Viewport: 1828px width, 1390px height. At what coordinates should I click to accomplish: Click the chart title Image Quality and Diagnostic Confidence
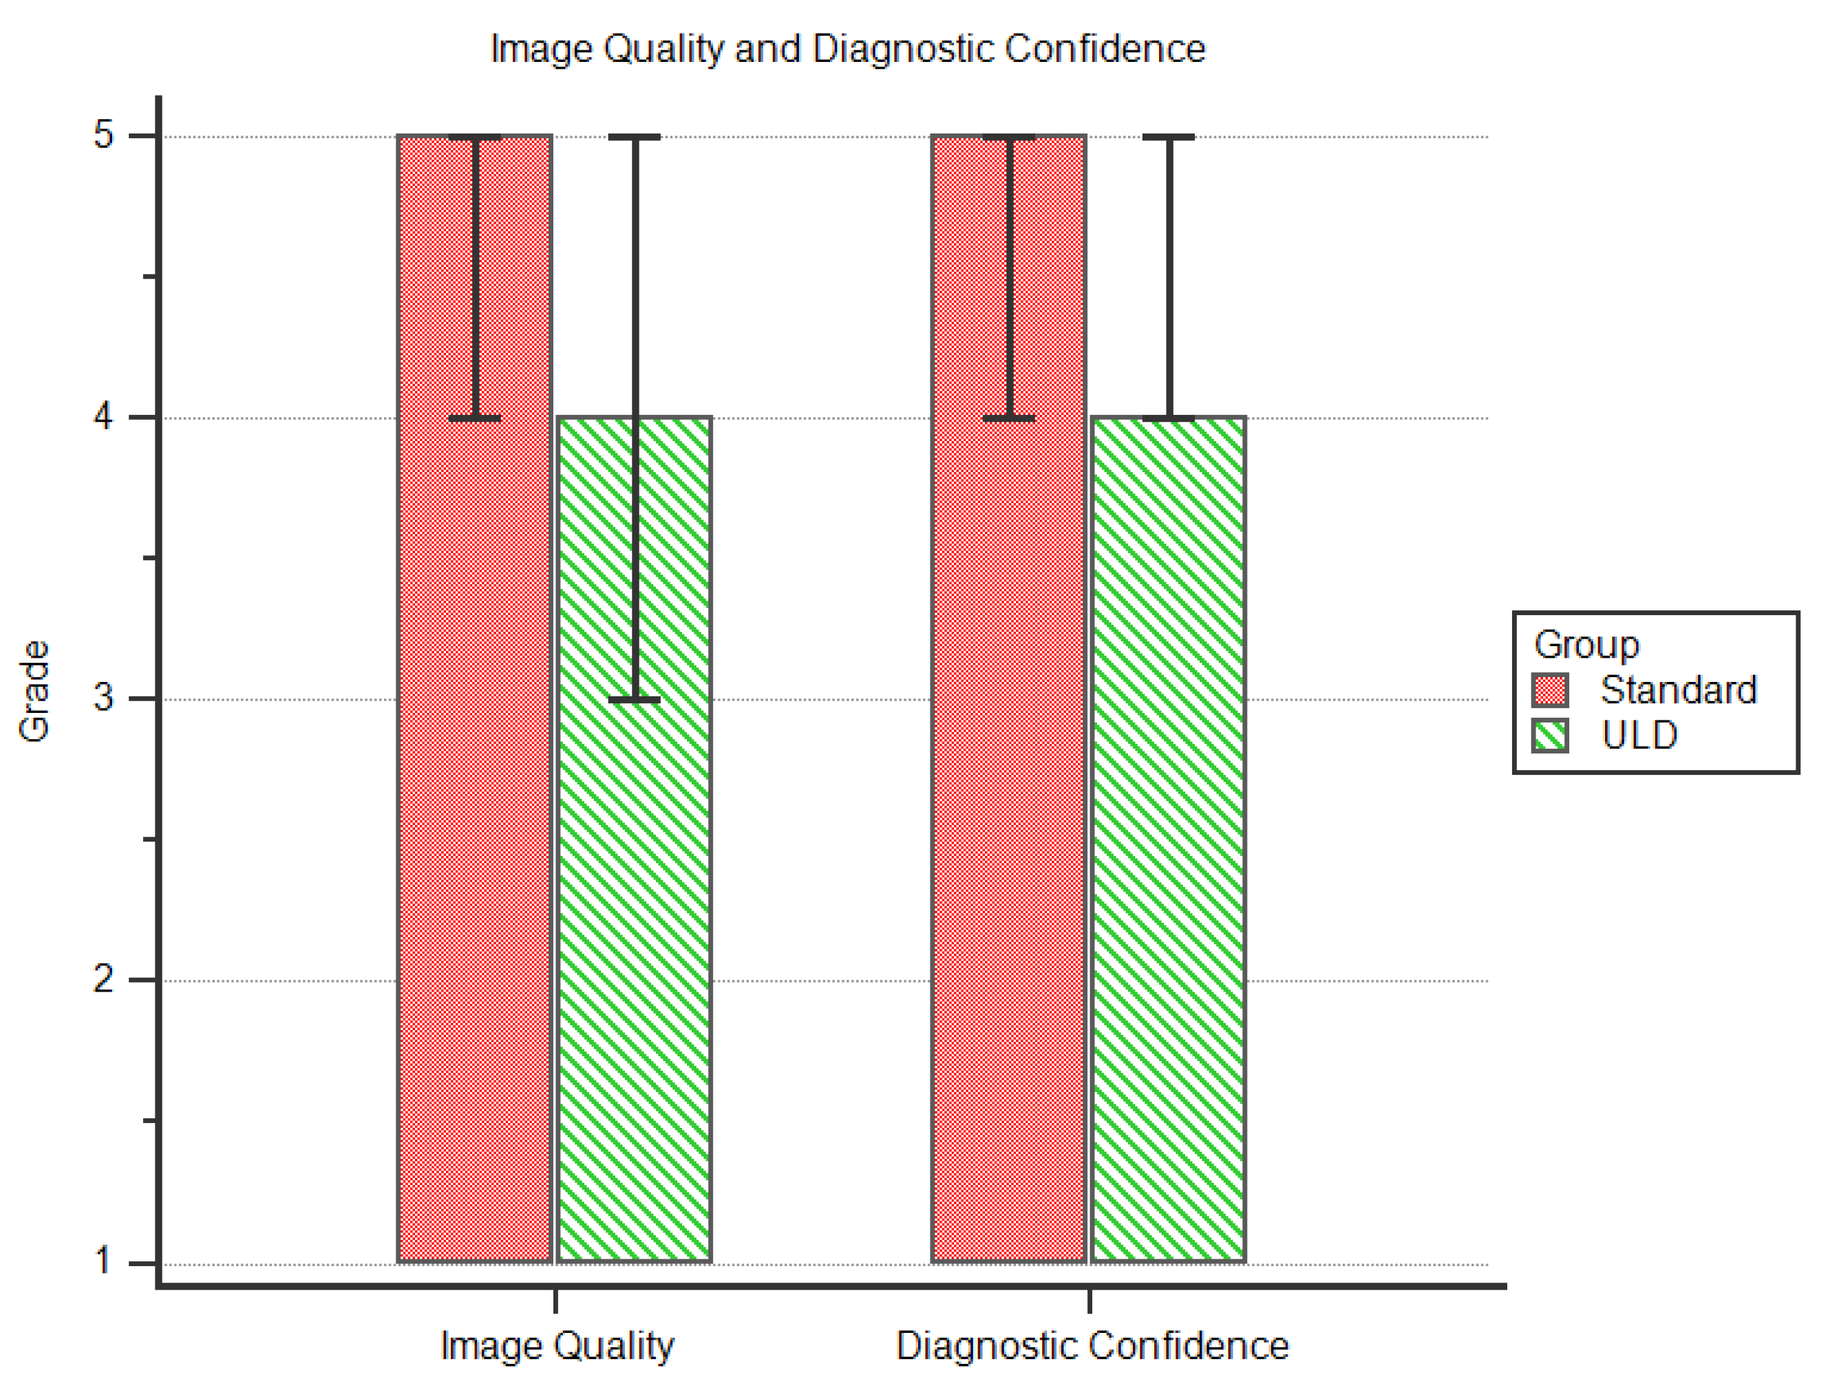(847, 49)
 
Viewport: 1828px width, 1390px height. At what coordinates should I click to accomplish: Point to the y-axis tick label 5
(103, 135)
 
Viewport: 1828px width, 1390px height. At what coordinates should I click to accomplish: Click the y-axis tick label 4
(103, 417)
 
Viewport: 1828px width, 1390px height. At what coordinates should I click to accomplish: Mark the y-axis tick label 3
(103, 698)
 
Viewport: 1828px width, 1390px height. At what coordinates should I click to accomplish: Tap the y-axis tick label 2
(103, 980)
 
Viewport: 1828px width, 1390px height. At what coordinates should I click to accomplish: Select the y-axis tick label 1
(103, 1261)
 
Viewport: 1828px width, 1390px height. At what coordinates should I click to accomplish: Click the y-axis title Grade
(34, 691)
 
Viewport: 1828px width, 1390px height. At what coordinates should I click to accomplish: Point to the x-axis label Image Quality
(557, 1345)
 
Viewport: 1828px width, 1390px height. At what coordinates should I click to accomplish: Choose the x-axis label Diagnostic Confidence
(1092, 1345)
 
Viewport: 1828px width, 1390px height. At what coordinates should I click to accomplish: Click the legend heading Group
(1586, 645)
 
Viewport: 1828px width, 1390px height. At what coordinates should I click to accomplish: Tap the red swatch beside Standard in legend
(1549, 690)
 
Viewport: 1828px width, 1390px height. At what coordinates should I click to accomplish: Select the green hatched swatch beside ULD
(1549, 736)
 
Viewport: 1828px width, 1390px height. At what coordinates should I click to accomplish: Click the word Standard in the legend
(1678, 690)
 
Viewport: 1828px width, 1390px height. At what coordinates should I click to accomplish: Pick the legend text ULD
(1639, 736)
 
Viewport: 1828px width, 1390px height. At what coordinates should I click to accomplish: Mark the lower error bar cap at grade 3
(635, 700)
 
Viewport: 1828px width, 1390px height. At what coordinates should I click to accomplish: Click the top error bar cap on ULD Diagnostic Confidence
(1169, 136)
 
